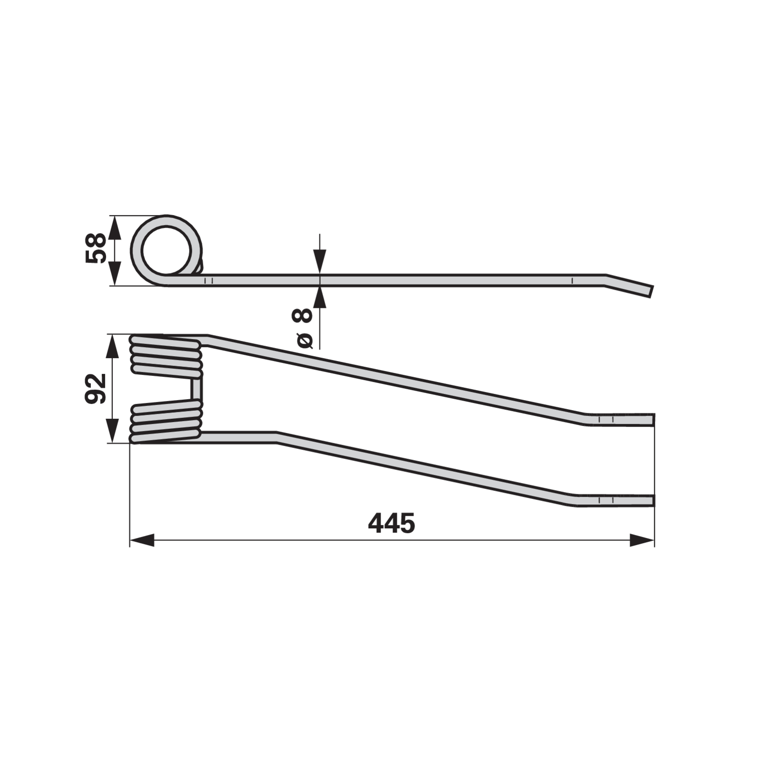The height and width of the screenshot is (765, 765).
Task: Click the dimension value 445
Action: [391, 524]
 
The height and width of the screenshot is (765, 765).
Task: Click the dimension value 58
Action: [96, 248]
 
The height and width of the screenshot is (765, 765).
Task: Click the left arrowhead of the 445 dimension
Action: [142, 541]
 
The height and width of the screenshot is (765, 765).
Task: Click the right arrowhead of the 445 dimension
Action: [642, 541]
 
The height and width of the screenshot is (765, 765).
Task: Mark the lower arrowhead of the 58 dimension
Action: [114, 273]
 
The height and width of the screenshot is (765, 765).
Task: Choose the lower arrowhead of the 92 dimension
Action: [112, 431]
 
